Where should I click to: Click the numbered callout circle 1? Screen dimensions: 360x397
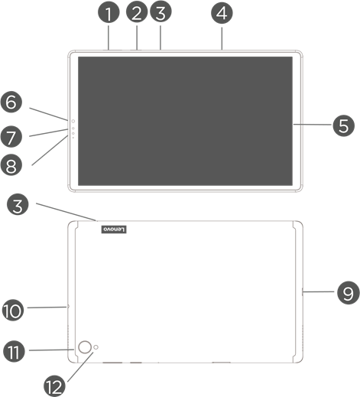coord(109,13)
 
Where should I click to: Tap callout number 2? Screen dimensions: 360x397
coord(137,12)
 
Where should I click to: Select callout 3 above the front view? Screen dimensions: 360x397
coord(161,11)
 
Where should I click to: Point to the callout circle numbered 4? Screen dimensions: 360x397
coord(222,13)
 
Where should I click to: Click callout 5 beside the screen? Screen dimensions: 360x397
coord(344,125)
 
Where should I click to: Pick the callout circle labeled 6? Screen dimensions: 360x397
coord(11,102)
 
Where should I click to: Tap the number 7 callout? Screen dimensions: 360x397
coord(11,137)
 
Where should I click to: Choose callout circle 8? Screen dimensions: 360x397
coord(11,165)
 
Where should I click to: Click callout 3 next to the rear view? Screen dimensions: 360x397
coord(18,205)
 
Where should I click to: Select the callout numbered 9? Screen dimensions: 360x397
coord(348,293)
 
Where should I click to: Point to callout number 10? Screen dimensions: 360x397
coord(13,311)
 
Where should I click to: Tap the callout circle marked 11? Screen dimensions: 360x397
coord(14,351)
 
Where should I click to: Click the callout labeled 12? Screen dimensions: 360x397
coord(54,386)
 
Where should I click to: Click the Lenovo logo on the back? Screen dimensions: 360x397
coord(114,229)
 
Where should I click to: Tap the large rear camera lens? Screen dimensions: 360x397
coord(85,347)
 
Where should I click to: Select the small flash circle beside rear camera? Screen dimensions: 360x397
coord(96,347)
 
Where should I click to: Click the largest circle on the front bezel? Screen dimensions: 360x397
coord(73,121)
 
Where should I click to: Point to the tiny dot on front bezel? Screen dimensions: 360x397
coord(73,138)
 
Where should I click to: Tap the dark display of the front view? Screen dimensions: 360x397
coord(185,121)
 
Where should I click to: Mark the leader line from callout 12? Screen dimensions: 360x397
coord(80,367)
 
